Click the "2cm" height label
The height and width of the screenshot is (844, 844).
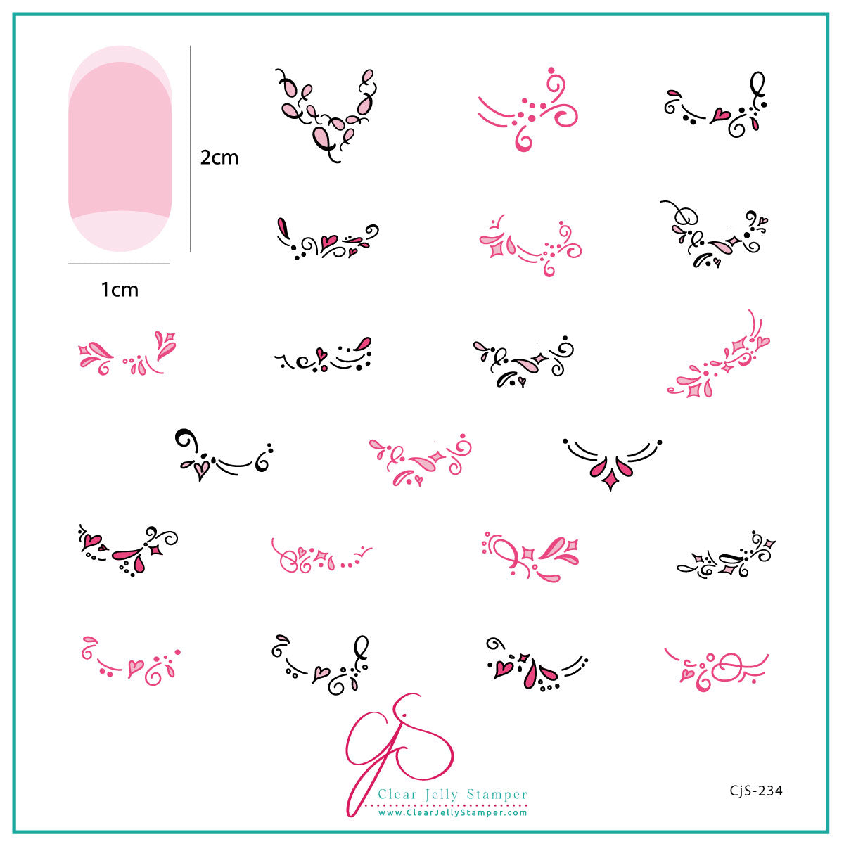click(x=219, y=158)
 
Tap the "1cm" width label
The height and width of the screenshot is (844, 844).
click(x=120, y=290)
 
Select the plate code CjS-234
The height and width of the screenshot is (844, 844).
click(x=755, y=790)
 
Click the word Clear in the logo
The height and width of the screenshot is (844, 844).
click(x=397, y=793)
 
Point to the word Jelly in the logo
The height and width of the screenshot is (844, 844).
click(x=442, y=795)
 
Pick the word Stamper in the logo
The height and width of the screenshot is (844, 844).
click(x=497, y=795)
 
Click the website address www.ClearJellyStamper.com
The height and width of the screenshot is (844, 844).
click(x=452, y=813)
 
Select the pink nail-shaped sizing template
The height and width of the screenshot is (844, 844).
click(x=120, y=148)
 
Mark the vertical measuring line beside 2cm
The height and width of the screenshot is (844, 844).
click(x=191, y=148)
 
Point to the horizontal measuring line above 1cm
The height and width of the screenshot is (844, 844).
click(x=119, y=264)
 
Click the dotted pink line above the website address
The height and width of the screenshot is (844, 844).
click(x=452, y=805)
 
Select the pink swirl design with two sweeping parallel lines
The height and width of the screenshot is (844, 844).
click(x=527, y=110)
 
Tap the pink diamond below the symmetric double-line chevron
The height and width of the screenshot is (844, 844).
click(x=610, y=482)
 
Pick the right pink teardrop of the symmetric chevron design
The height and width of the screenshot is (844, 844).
click(x=624, y=467)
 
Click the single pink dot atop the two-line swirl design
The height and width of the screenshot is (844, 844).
click(x=551, y=70)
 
